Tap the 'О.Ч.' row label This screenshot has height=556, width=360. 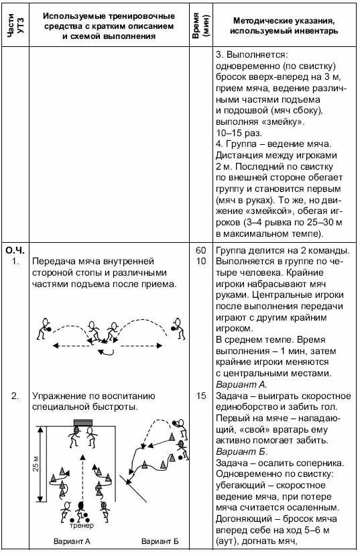point(15,250)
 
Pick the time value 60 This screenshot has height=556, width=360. point(200,250)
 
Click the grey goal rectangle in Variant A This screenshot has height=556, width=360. point(82,423)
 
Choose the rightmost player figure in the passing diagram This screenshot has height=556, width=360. point(176,325)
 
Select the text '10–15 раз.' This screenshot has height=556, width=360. point(239,133)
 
